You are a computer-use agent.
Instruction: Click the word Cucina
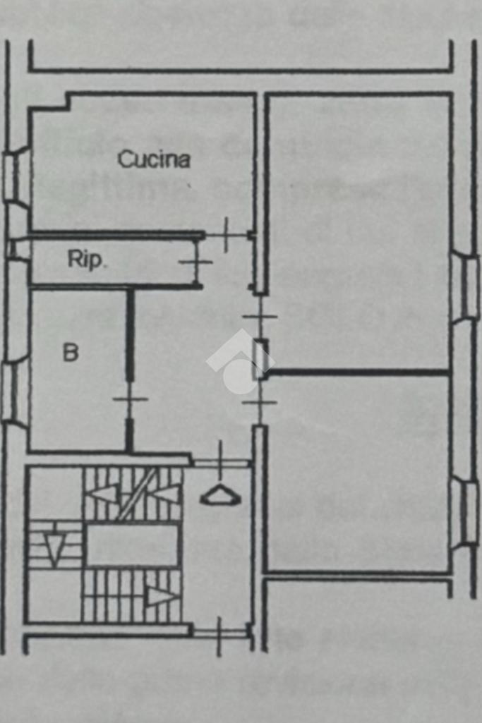click(x=154, y=159)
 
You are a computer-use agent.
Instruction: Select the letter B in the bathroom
click(x=71, y=352)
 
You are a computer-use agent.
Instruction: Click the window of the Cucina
click(x=16, y=176)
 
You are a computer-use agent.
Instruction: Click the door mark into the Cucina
click(x=227, y=235)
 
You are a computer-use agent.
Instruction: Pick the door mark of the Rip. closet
click(x=195, y=262)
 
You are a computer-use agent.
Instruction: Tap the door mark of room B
click(x=131, y=400)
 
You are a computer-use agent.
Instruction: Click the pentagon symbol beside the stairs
click(x=220, y=497)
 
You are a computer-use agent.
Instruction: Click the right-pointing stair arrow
click(x=162, y=597)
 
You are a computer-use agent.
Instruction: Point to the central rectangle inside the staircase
click(x=133, y=545)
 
